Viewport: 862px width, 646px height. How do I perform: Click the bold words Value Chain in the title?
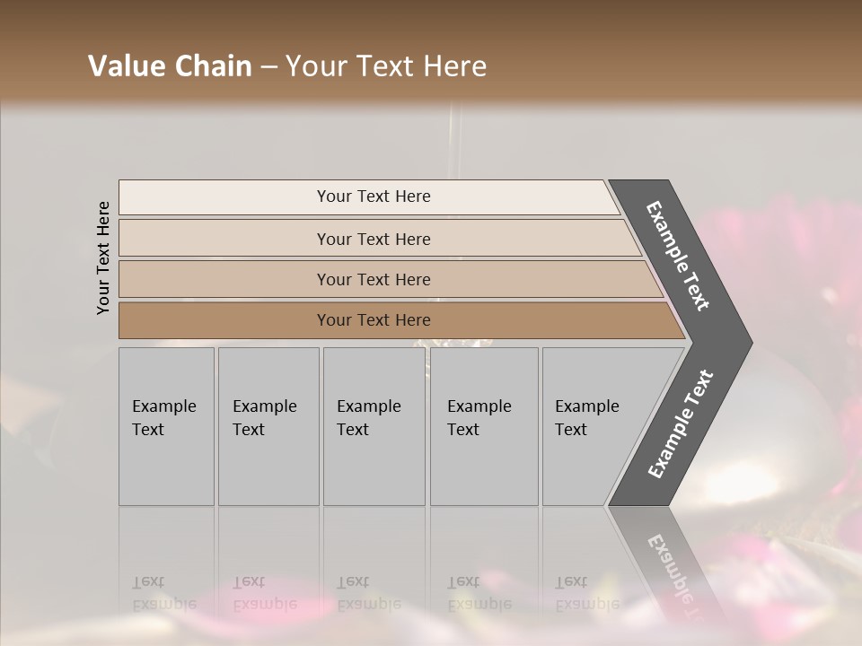(170, 66)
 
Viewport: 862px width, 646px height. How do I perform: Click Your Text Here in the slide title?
(386, 66)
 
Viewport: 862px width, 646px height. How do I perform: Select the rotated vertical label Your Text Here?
(103, 258)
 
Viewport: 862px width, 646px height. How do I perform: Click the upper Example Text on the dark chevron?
(678, 256)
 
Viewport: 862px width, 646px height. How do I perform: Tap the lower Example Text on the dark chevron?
(681, 424)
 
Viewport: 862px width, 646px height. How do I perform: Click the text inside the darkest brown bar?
(374, 320)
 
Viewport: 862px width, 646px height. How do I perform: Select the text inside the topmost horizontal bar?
(374, 196)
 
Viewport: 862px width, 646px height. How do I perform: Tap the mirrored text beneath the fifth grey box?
(586, 593)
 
